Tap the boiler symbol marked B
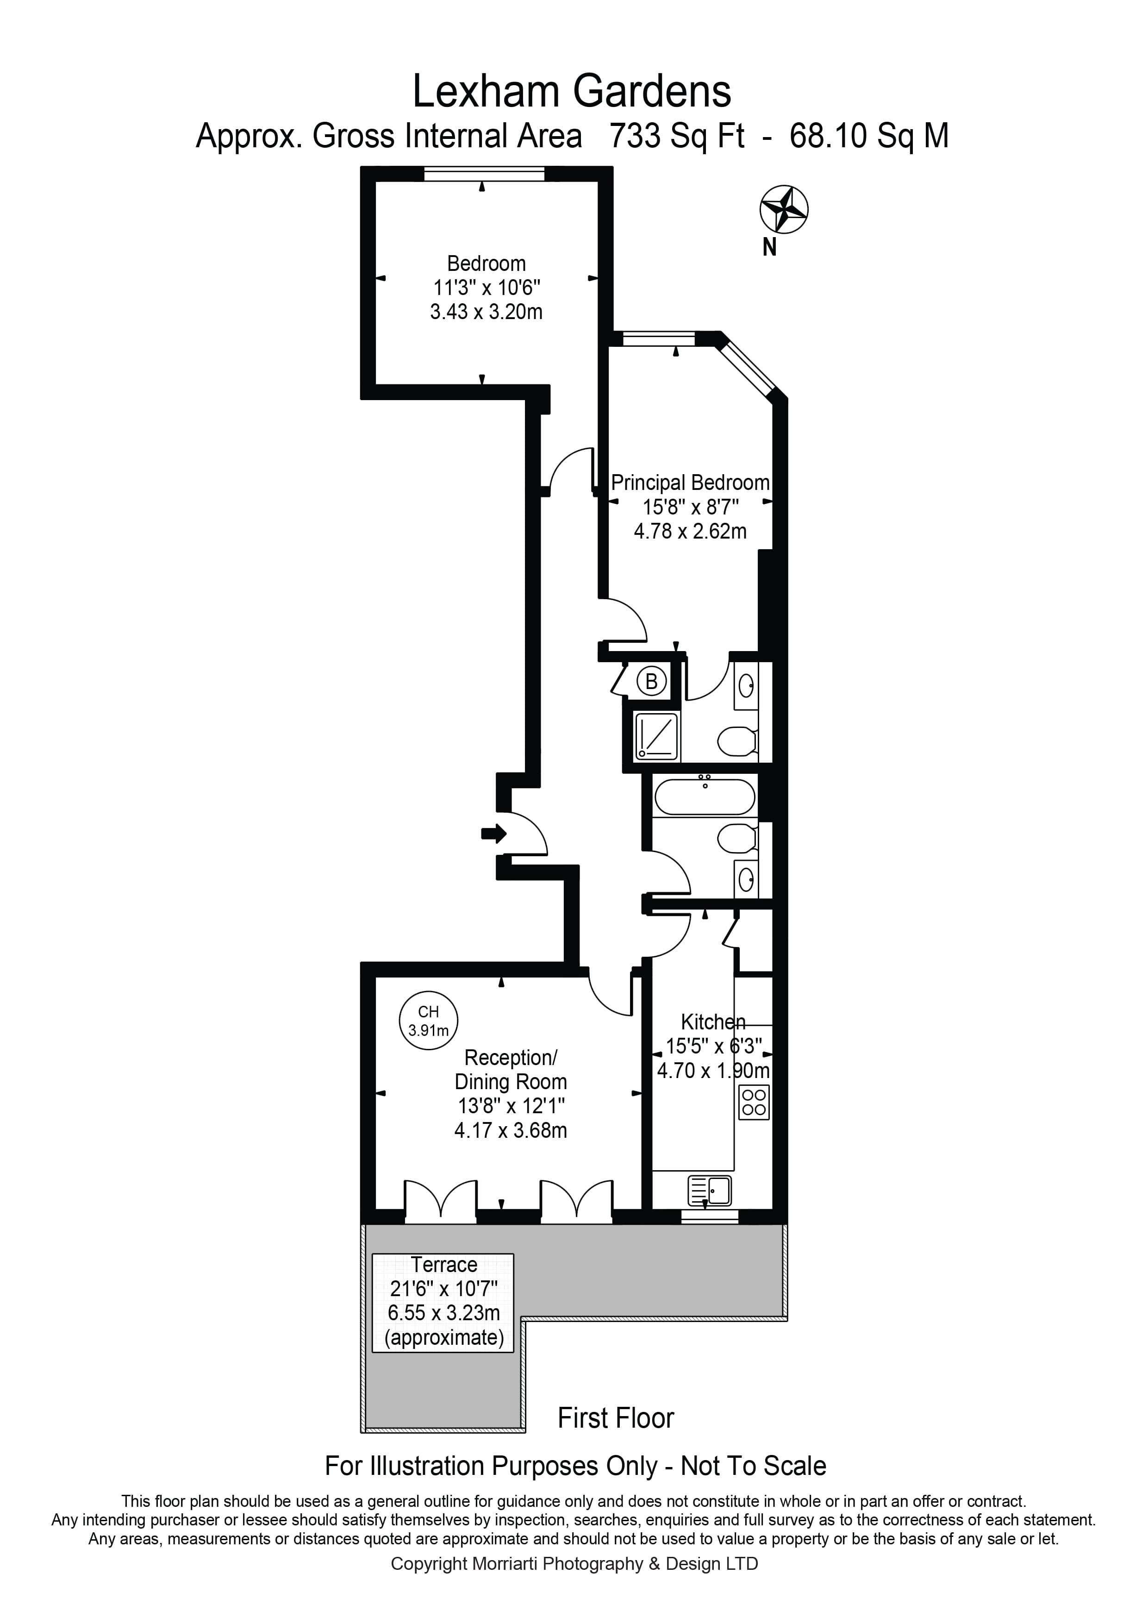(651, 682)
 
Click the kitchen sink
(709, 1191)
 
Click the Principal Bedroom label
(690, 483)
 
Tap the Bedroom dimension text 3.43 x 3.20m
(487, 312)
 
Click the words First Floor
(616, 1417)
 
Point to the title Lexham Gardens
(571, 92)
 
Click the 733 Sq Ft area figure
(676, 136)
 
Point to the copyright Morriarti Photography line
(574, 1564)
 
